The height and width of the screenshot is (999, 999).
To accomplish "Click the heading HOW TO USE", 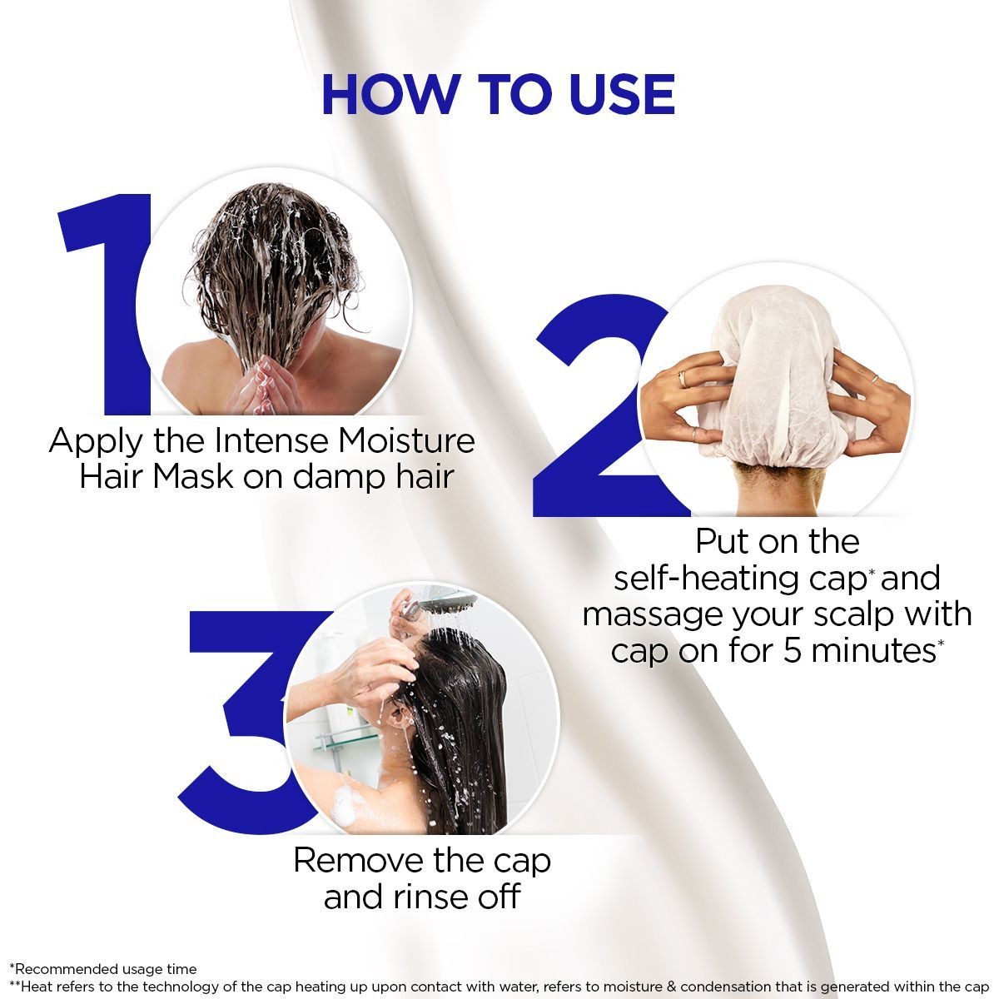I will [x=498, y=95].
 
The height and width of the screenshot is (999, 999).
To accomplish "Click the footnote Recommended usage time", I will [x=105, y=969].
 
